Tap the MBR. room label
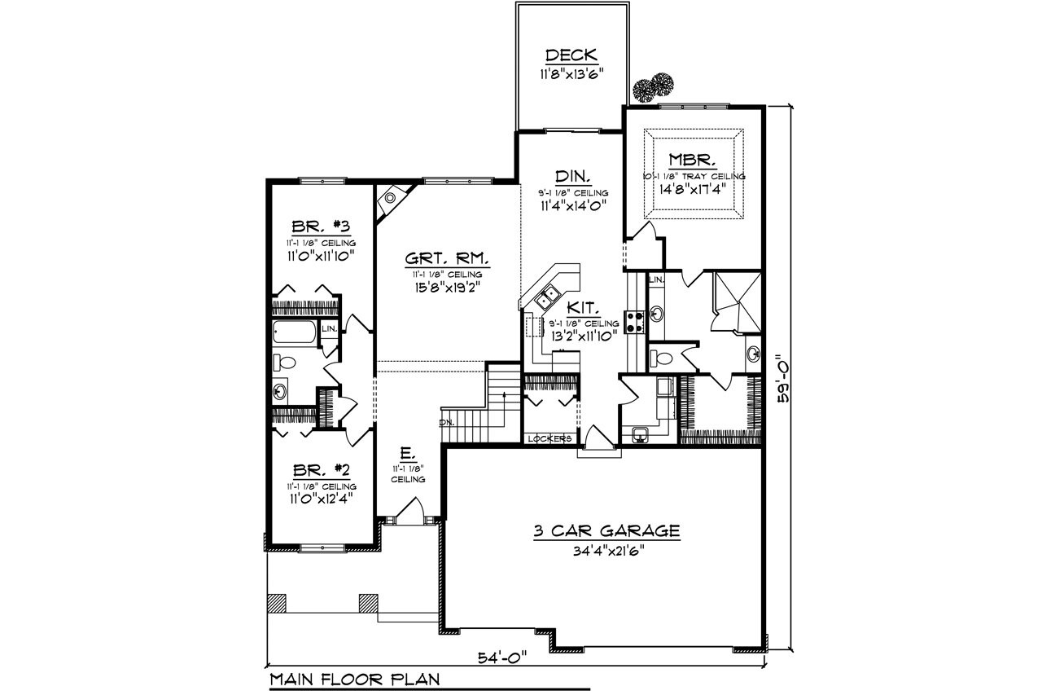692,159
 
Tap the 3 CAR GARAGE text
606,531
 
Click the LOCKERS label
549,438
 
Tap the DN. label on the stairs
447,422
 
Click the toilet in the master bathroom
663,357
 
